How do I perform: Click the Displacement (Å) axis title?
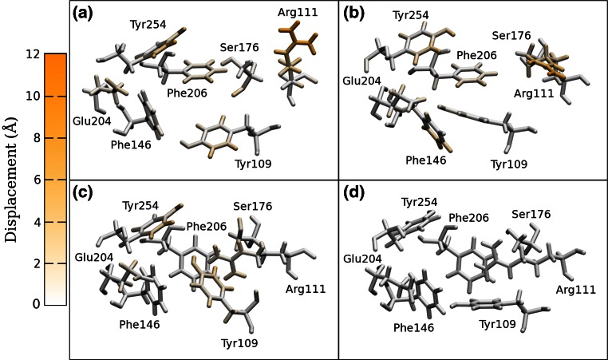click(11, 180)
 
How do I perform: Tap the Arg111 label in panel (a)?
click(297, 13)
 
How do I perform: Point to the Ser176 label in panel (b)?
click(511, 35)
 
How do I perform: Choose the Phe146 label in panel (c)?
click(140, 325)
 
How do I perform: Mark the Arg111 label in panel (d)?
click(575, 290)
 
